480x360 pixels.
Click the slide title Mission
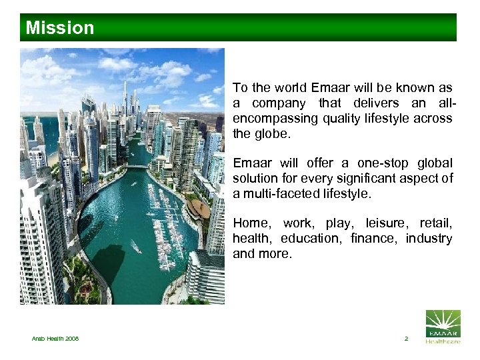[60, 28]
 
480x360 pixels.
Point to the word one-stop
[371, 163]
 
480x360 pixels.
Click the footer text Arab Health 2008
[55, 339]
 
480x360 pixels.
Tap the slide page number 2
[406, 339]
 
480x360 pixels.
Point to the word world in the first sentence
[286, 88]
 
